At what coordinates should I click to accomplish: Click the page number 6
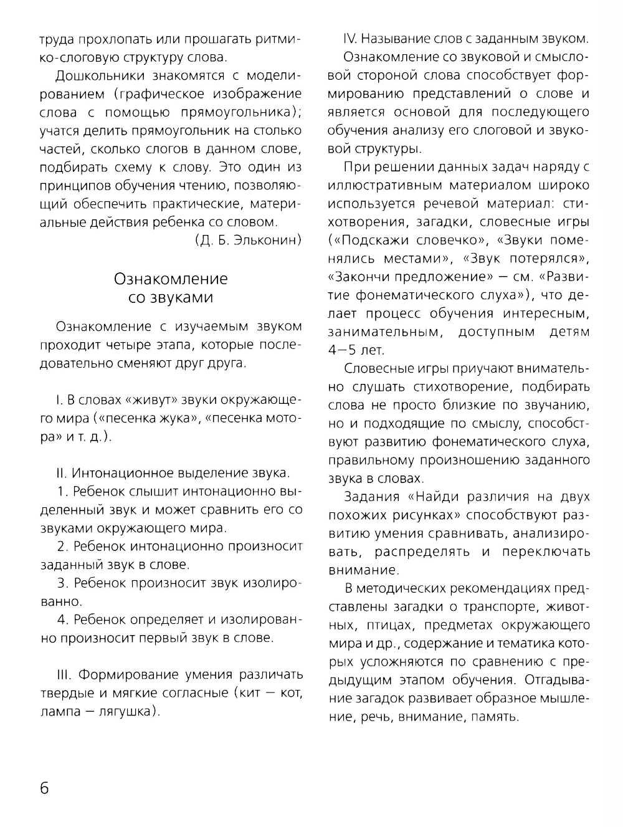(45, 787)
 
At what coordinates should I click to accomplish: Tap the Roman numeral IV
(350, 39)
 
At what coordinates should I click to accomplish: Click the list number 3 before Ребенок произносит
(62, 583)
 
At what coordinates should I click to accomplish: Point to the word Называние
(391, 39)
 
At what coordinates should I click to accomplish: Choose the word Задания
(371, 497)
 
